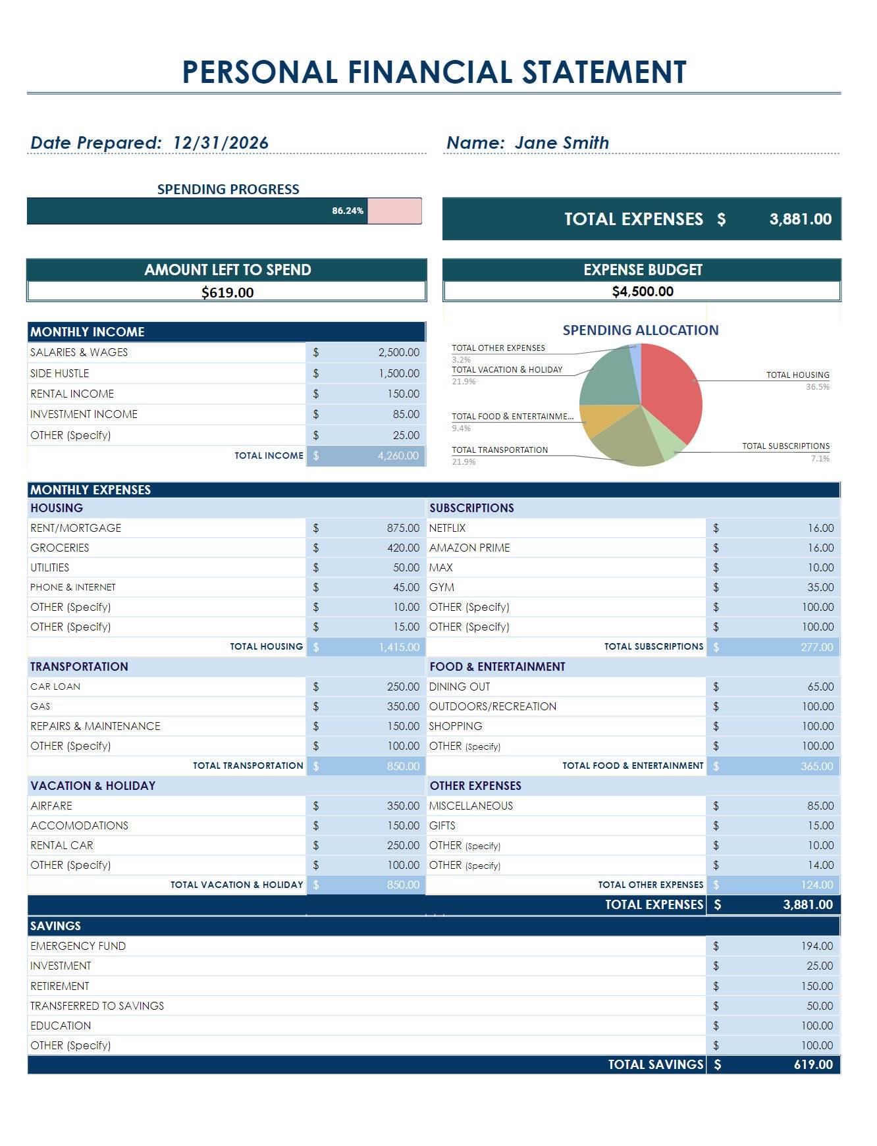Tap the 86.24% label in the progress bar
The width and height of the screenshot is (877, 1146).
click(x=347, y=211)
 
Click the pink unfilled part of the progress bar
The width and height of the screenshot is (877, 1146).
click(x=394, y=211)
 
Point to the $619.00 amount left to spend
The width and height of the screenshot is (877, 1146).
click(x=227, y=292)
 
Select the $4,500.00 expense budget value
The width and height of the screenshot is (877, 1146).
click(x=642, y=292)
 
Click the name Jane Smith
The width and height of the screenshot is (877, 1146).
click(x=562, y=143)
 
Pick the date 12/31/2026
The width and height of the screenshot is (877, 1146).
click(x=221, y=143)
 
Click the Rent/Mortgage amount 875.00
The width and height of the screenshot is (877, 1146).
click(x=402, y=528)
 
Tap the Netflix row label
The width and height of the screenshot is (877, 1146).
click(x=447, y=528)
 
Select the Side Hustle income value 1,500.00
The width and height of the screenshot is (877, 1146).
click(x=398, y=373)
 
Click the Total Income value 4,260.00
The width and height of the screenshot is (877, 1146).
click(x=398, y=456)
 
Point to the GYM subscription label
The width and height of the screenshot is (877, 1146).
click(x=441, y=587)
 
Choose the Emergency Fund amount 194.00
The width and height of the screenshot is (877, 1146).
click(x=816, y=946)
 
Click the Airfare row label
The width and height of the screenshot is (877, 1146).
click(x=51, y=806)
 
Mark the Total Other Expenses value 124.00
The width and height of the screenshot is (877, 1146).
click(x=816, y=885)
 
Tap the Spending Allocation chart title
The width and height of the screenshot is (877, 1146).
click(x=640, y=330)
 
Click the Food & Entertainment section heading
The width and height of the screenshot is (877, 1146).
click(x=497, y=667)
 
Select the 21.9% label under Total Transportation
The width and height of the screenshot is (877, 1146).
click(x=464, y=462)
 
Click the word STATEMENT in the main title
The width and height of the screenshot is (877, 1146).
click(x=604, y=72)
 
